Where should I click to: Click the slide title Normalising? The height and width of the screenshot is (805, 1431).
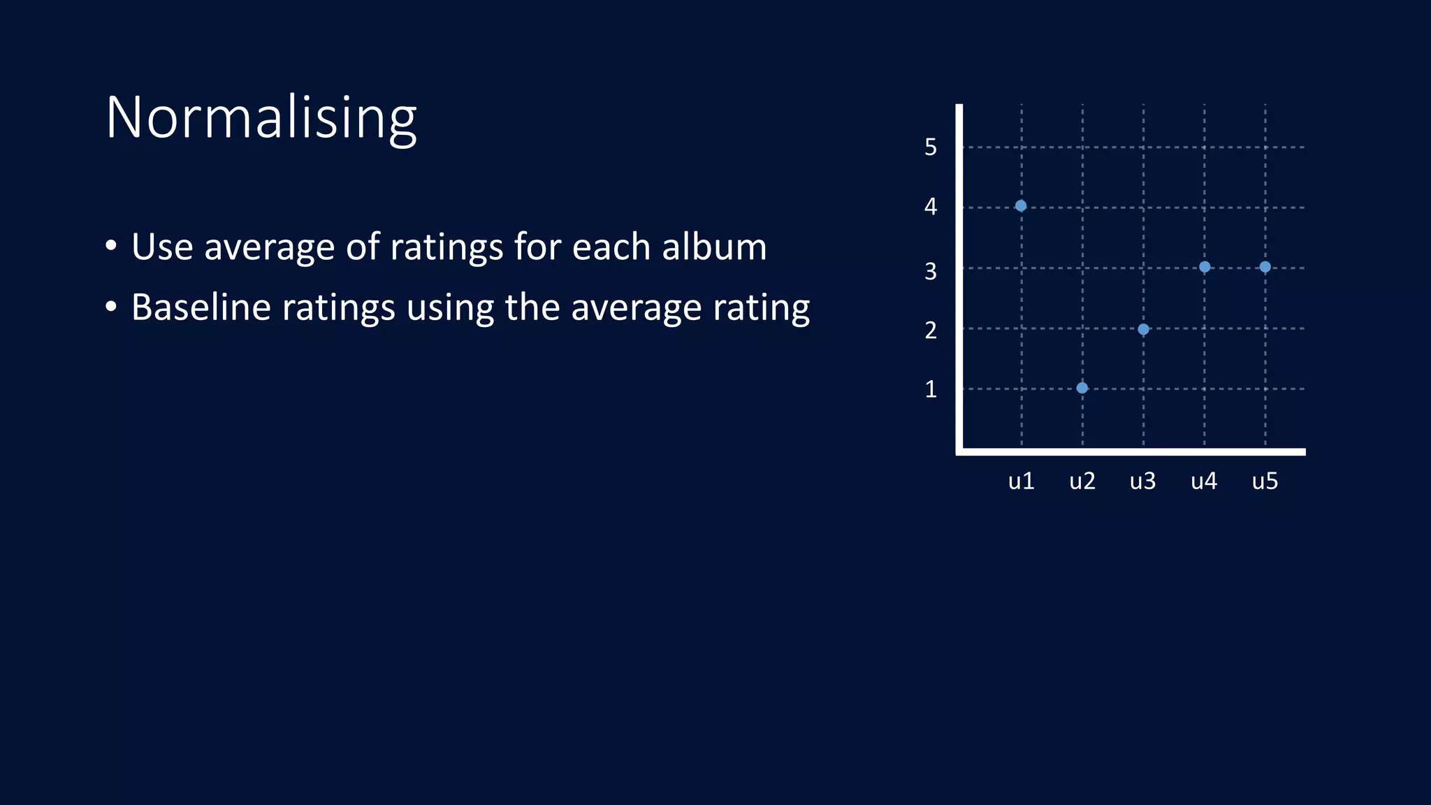click(x=261, y=117)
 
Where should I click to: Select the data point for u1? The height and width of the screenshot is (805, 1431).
click(x=1021, y=205)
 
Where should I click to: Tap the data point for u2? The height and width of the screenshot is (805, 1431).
click(x=1082, y=388)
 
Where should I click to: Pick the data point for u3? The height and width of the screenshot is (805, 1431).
click(x=1143, y=329)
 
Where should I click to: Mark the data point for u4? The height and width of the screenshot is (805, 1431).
click(x=1205, y=267)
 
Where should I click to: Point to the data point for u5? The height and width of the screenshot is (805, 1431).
click(x=1265, y=267)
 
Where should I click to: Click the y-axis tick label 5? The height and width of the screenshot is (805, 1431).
click(x=931, y=147)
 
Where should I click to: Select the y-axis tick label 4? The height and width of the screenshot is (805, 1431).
click(x=931, y=207)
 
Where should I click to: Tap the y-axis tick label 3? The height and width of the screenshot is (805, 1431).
click(x=931, y=271)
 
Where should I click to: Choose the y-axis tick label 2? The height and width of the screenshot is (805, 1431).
click(x=931, y=330)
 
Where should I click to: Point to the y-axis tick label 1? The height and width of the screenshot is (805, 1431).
click(x=931, y=389)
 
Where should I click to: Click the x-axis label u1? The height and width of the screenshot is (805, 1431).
click(x=1021, y=481)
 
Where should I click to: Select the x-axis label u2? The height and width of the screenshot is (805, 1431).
click(x=1082, y=481)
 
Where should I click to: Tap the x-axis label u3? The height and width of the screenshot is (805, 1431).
click(x=1143, y=481)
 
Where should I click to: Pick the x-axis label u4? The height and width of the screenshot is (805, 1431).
click(x=1204, y=481)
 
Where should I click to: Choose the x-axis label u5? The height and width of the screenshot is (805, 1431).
click(x=1265, y=481)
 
